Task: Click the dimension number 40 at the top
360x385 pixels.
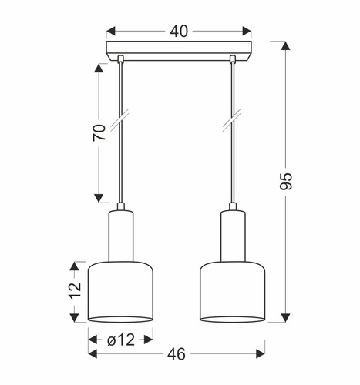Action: click(x=179, y=32)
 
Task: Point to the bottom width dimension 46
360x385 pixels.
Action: click(x=178, y=355)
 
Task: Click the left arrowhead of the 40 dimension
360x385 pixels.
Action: click(x=110, y=32)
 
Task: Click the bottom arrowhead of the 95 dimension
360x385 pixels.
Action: click(x=286, y=317)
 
